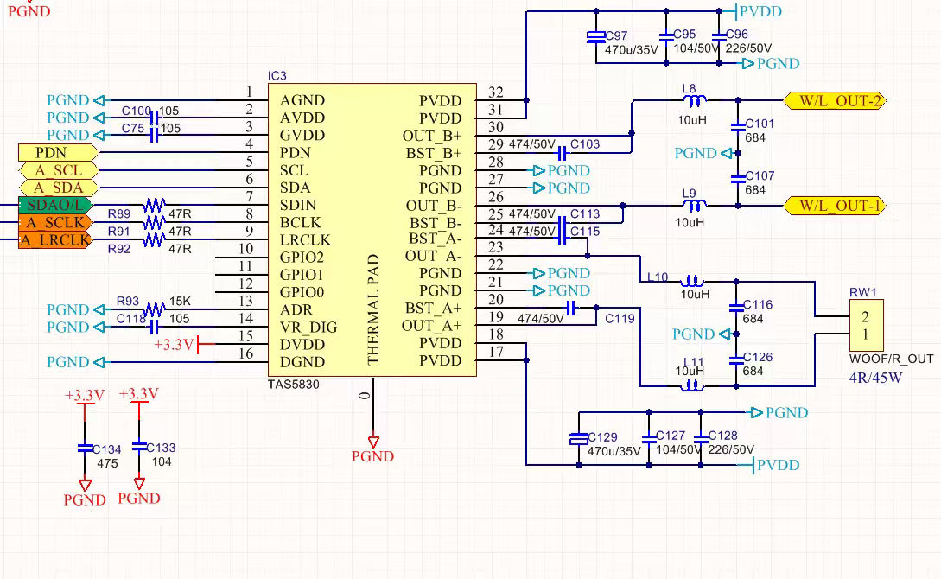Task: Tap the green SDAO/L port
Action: pyautogui.click(x=54, y=205)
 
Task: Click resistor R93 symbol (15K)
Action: pyautogui.click(x=155, y=309)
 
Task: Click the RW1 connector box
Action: pyautogui.click(x=866, y=326)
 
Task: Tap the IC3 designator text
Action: pyautogui.click(x=277, y=76)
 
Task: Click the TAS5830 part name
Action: pyautogui.click(x=294, y=385)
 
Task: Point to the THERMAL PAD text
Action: pyautogui.click(x=374, y=309)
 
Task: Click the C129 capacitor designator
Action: pyautogui.click(x=602, y=437)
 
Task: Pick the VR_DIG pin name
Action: pyautogui.click(x=308, y=328)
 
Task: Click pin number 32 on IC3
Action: pyautogui.click(x=495, y=92)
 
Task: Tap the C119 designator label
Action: pyautogui.click(x=620, y=319)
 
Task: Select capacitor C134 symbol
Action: pyautogui.click(x=85, y=448)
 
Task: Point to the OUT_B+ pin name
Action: pyautogui.click(x=432, y=136)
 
